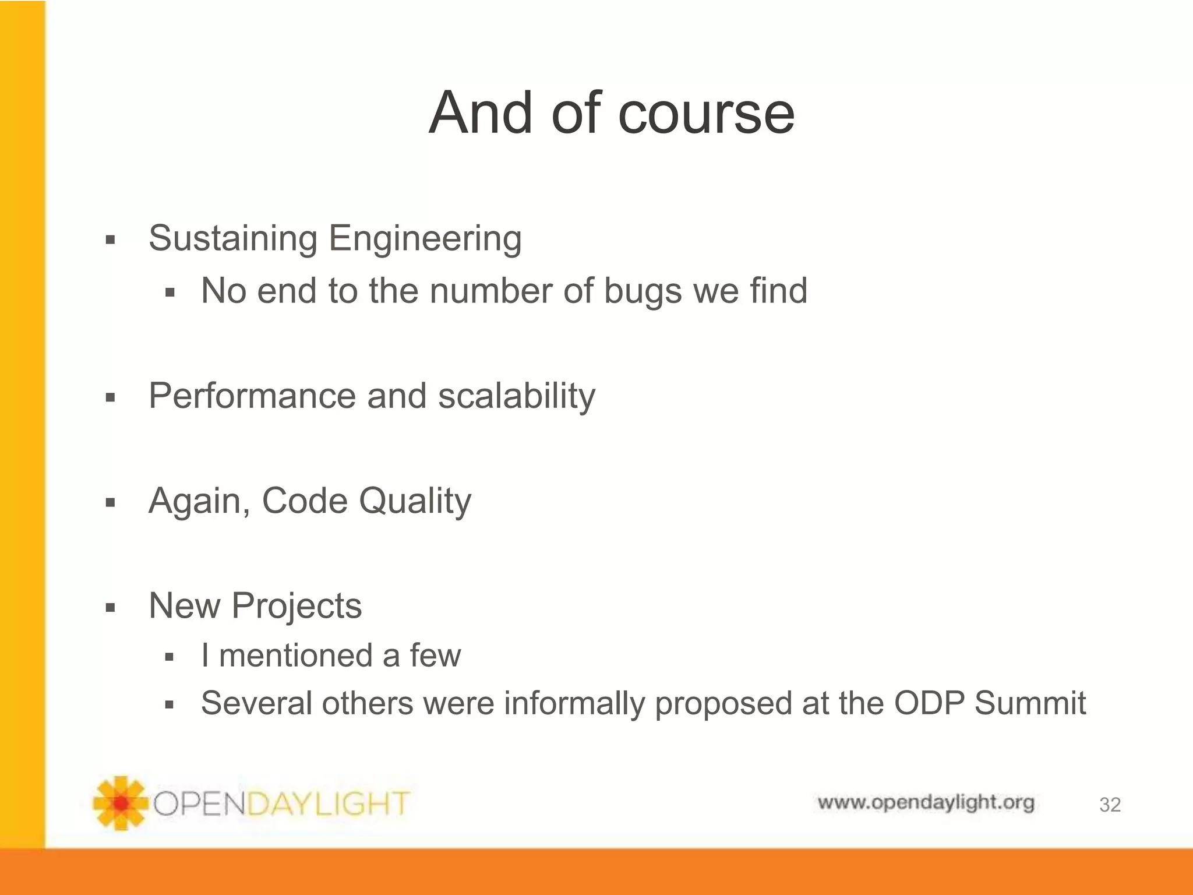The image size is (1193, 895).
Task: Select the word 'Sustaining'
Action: pyautogui.click(x=232, y=238)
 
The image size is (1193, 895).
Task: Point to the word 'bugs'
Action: pyautogui.click(x=643, y=291)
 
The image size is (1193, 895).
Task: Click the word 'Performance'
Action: pyautogui.click(x=251, y=396)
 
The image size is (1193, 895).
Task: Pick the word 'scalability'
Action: pyautogui.click(x=517, y=397)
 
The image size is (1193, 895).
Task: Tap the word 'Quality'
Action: pyautogui.click(x=415, y=502)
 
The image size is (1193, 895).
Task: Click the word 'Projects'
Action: pyautogui.click(x=297, y=607)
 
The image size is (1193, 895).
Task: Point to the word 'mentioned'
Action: pyautogui.click(x=295, y=656)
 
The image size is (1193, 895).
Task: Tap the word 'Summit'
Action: pyautogui.click(x=1030, y=703)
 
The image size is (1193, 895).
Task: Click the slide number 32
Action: pyautogui.click(x=1110, y=805)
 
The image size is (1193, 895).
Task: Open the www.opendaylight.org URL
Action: pyautogui.click(x=926, y=803)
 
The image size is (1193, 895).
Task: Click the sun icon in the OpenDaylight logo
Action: pyautogui.click(x=120, y=803)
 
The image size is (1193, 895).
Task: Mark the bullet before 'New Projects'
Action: pyautogui.click(x=111, y=608)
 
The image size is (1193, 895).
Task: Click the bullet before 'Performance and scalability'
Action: pyautogui.click(x=111, y=399)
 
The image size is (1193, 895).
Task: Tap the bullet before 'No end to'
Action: pyautogui.click(x=170, y=293)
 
